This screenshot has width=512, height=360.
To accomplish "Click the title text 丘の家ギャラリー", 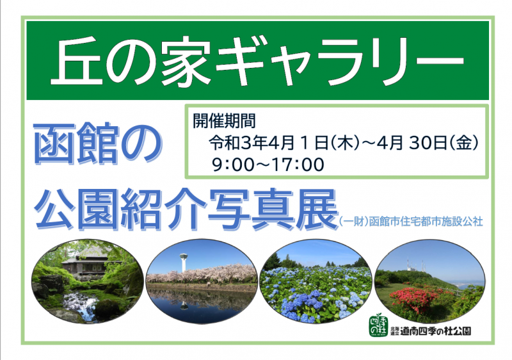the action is pos(257,61).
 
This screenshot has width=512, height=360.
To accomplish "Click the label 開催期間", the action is pos(224,121).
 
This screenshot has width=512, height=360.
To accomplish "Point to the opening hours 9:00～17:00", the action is pos(268,165).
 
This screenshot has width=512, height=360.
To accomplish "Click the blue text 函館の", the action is pos(97,143).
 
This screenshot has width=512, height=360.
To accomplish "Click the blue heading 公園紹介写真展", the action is pos(186,209).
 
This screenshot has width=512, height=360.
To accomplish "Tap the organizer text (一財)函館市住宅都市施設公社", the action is pos(411,222).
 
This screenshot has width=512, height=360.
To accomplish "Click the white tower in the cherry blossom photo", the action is pos(184,262).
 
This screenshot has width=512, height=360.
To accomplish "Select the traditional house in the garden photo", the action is pos(86,261).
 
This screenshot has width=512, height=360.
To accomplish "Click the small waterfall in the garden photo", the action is pos(81,306).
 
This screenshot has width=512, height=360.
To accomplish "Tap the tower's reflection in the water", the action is pos(184,304).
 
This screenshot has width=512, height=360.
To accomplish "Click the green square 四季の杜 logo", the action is pos(379,325).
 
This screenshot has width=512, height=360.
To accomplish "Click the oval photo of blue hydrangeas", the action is pos(316,281).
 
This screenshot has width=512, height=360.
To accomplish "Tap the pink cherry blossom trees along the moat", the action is pos(201,274).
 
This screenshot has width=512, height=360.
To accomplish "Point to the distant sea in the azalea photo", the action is pos(468,284).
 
